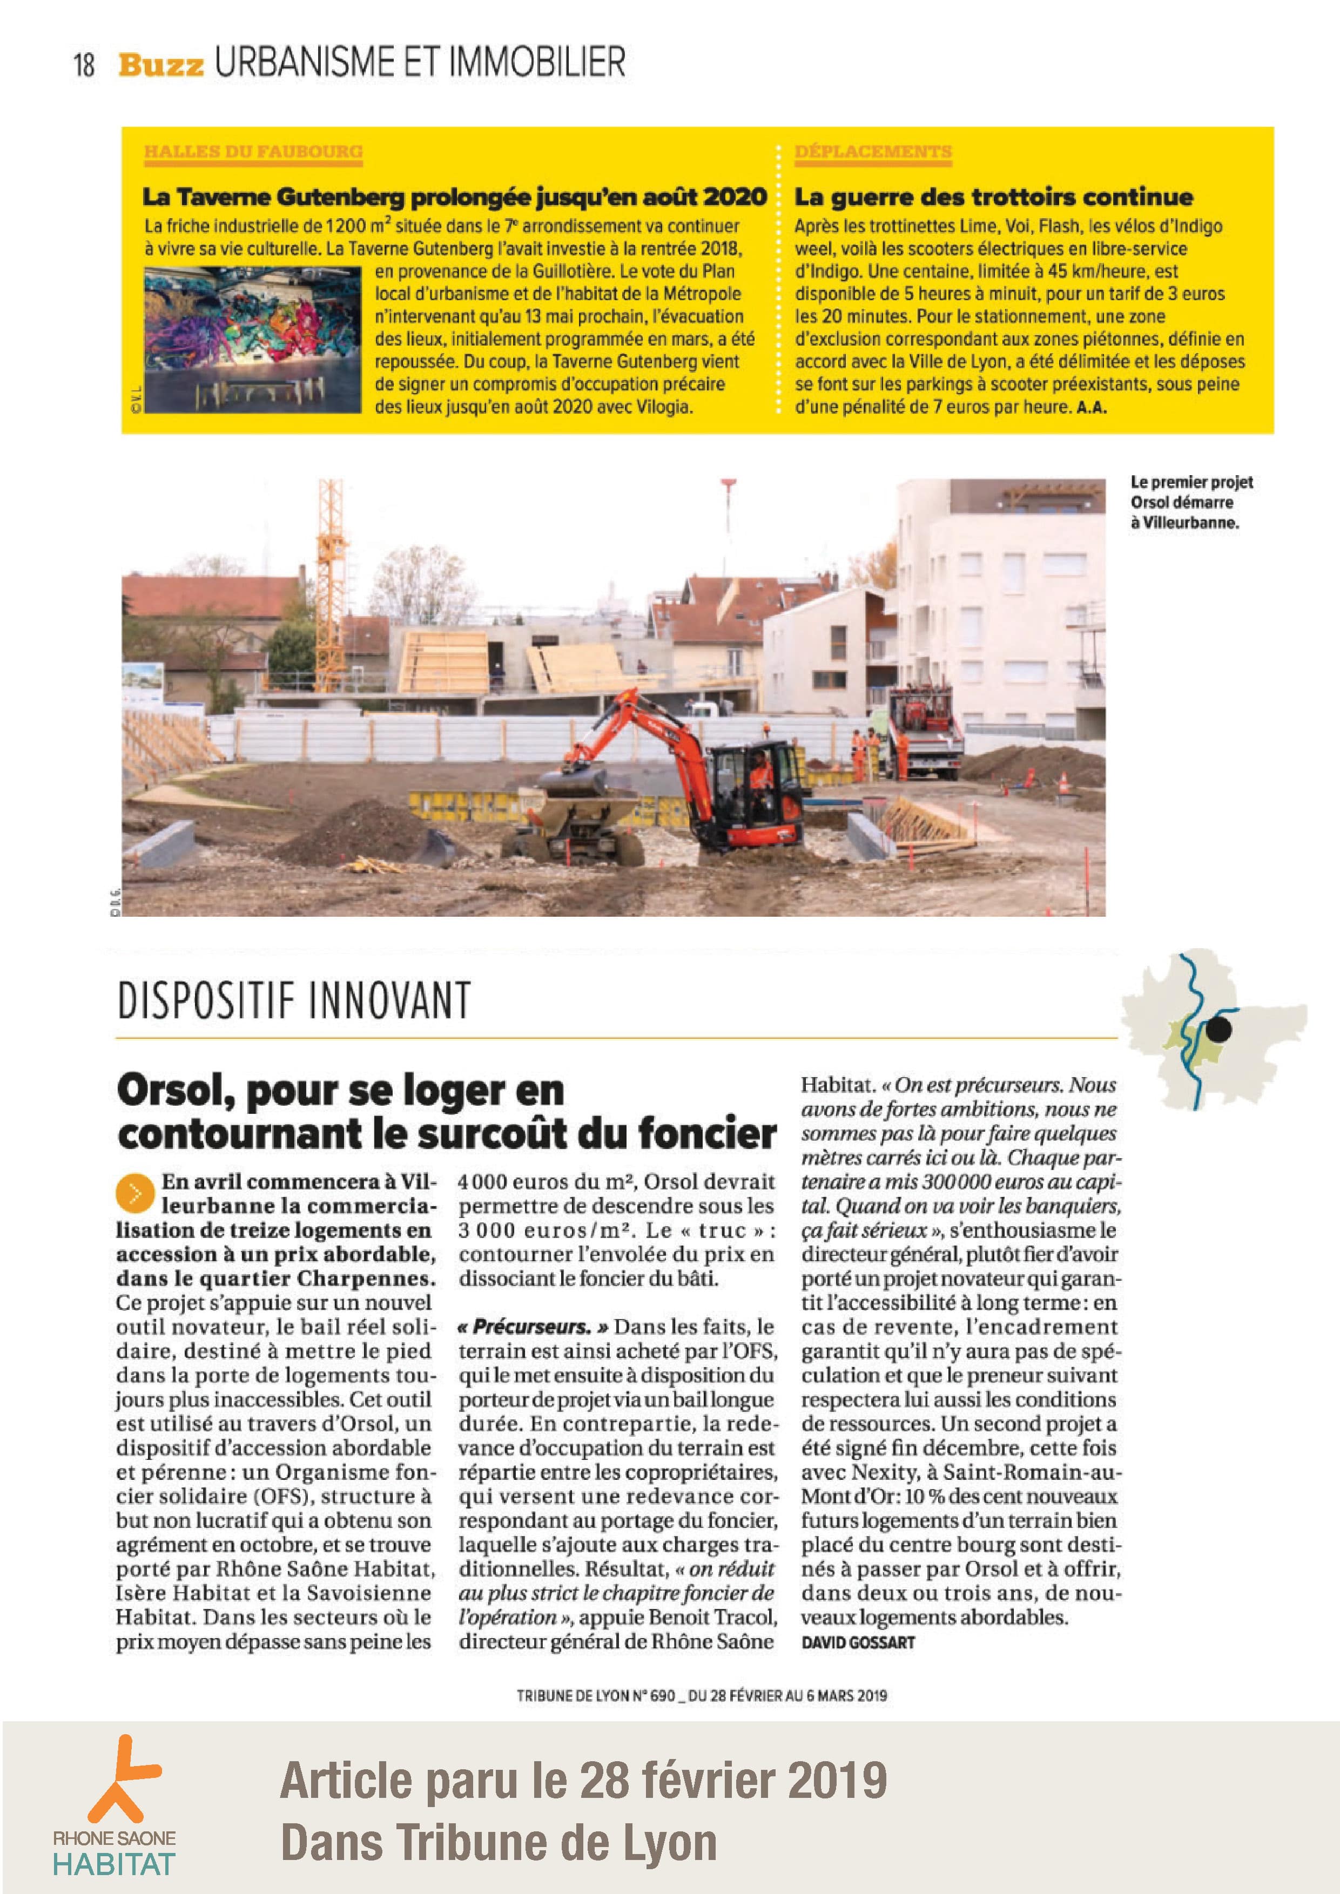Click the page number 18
point(84,64)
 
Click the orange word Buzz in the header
point(161,64)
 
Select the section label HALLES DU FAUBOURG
point(253,152)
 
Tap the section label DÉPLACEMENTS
point(873,152)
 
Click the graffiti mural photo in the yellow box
point(252,339)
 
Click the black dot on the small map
point(1218,1029)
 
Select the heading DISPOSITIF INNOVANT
point(294,1000)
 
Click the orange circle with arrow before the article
point(136,1193)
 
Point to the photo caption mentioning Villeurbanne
point(1190,502)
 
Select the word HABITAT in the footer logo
point(114,1863)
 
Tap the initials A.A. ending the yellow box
point(1092,408)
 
